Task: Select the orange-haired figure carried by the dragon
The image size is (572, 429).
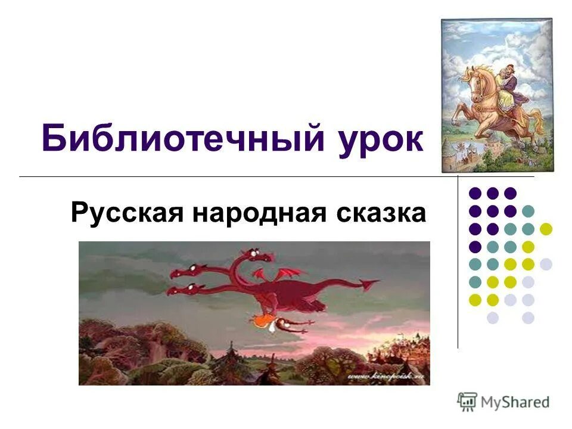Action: [262, 322]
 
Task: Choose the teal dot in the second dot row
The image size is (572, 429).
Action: [528, 211]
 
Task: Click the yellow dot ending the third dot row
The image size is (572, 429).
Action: [546, 229]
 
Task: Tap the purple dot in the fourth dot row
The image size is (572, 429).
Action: [475, 247]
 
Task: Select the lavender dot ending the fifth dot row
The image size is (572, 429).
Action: [546, 264]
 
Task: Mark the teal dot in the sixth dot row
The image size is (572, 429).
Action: [475, 282]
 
